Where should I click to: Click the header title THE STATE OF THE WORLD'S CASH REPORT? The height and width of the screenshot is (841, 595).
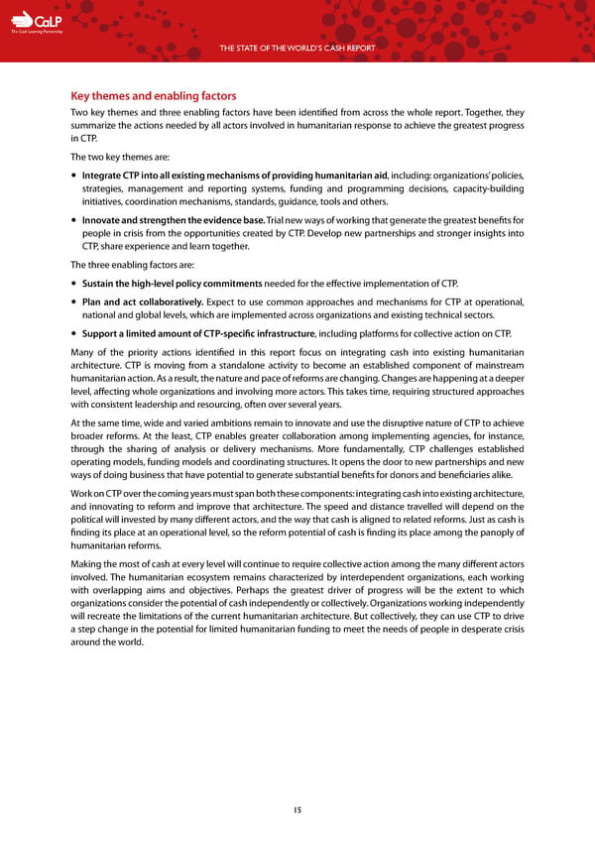point(297,47)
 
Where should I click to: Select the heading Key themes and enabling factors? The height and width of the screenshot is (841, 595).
point(153,96)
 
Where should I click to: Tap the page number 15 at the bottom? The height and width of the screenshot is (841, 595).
point(297,809)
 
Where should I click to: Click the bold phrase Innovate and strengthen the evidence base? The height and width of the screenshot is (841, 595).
point(174,218)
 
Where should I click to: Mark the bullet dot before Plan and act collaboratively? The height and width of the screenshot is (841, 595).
point(75,301)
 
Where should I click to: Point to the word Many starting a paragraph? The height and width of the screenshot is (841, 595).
point(83,352)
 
